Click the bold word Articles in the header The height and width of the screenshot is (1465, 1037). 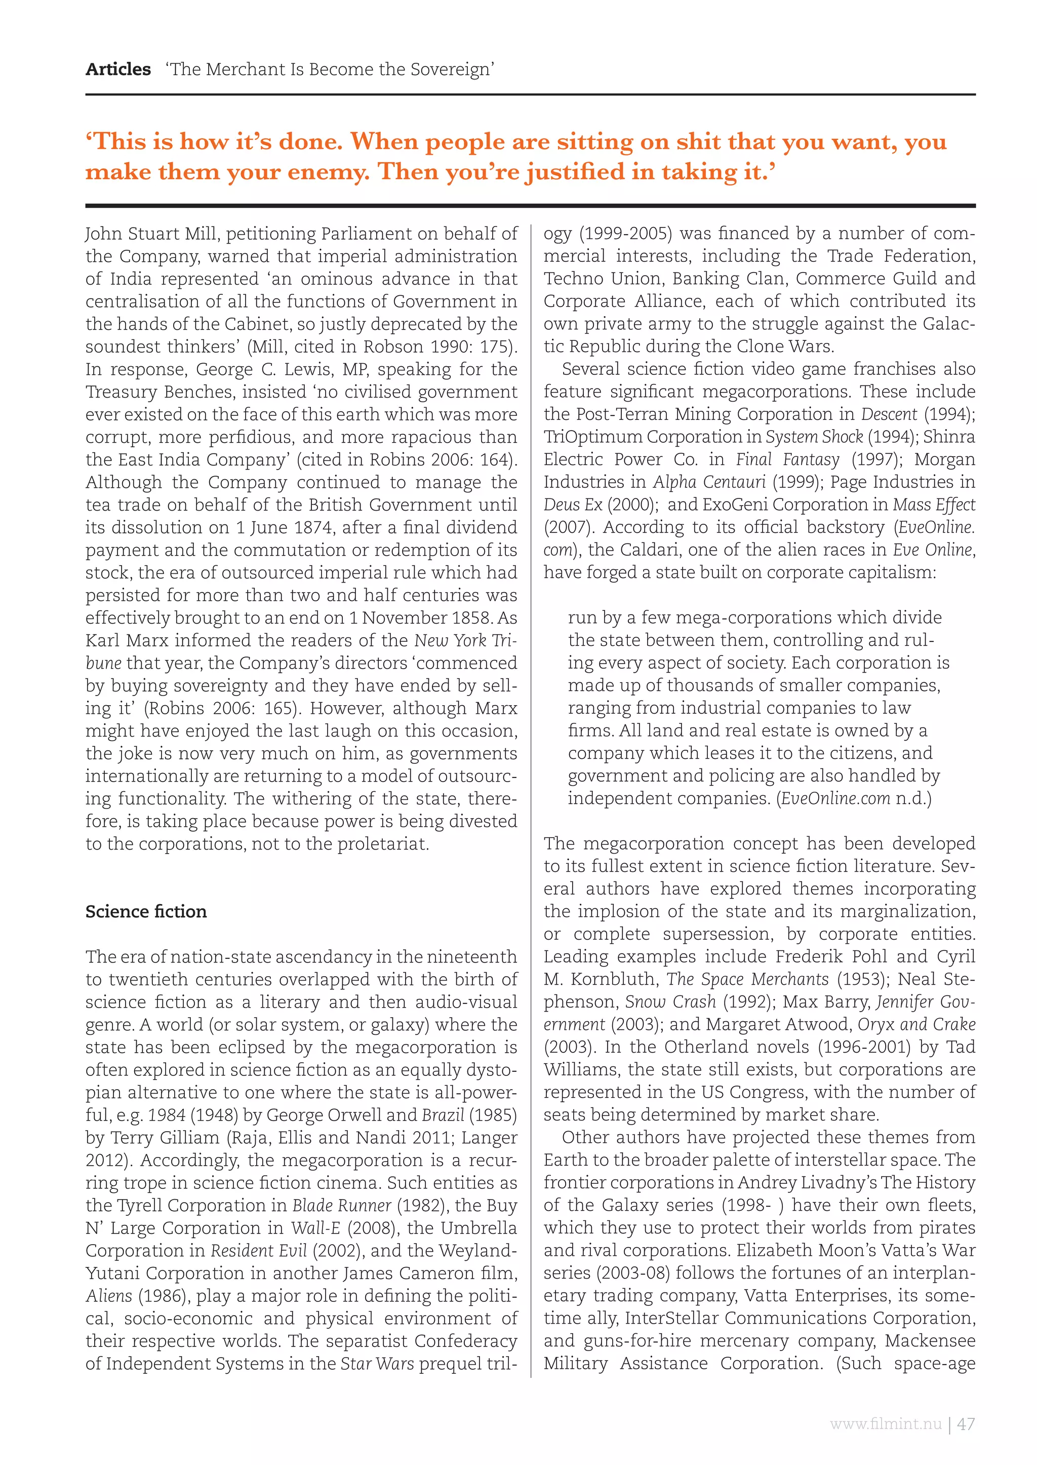coord(118,69)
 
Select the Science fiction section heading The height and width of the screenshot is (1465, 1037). coord(146,911)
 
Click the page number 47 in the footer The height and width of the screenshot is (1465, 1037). coord(966,1424)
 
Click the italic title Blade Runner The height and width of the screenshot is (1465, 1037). coord(342,1206)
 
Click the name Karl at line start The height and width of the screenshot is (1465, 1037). coord(104,640)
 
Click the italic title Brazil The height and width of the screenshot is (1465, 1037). coord(443,1115)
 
